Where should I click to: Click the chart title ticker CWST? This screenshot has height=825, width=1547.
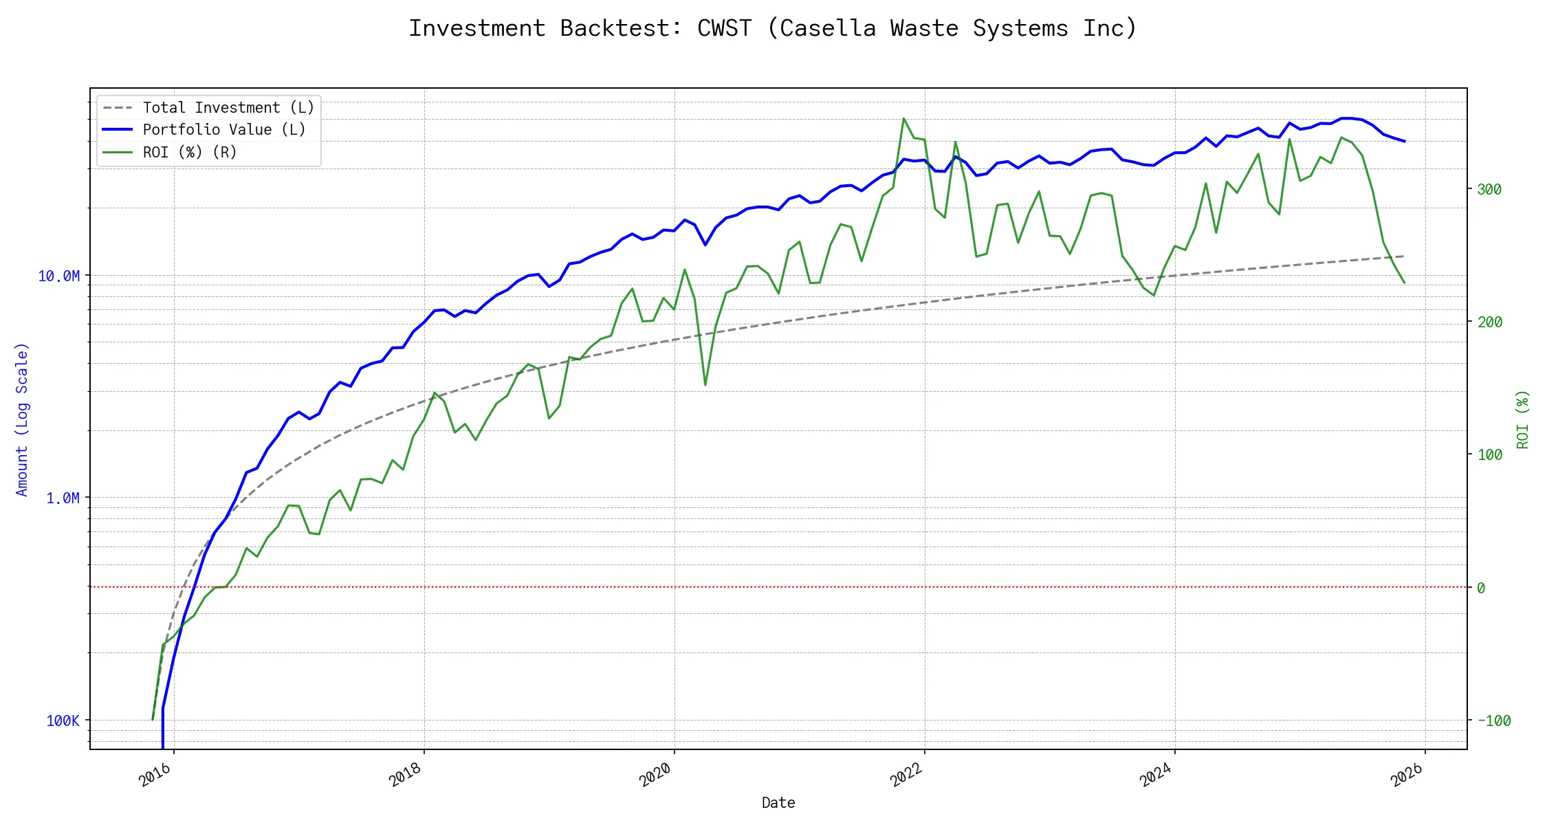point(724,28)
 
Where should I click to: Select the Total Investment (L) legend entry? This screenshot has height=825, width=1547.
point(228,108)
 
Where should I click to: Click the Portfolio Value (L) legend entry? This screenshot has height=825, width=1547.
point(224,130)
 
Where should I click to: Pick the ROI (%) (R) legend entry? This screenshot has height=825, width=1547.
point(190,152)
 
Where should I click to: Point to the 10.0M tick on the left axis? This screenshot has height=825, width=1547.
point(58,276)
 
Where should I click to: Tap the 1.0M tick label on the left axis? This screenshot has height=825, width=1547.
point(63,498)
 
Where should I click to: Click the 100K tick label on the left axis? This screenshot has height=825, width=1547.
point(63,721)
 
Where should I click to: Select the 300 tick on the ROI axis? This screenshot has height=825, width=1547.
point(1489,190)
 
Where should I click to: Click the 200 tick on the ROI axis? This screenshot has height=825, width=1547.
point(1489,322)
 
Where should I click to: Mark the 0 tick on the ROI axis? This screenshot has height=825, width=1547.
point(1481,588)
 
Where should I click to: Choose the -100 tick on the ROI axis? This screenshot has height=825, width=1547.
point(1493,721)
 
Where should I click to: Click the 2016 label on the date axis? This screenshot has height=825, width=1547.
point(155,775)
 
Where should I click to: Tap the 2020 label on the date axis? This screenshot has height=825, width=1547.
point(655,775)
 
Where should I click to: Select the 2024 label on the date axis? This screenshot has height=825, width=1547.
point(1155,775)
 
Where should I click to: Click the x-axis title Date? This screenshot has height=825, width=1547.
point(778,803)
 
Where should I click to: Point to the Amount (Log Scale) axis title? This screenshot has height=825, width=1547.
point(22,419)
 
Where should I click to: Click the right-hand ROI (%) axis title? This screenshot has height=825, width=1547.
point(1523,419)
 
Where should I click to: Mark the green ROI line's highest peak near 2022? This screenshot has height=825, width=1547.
point(903,118)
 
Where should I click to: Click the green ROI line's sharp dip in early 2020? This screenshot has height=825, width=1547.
point(705,384)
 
